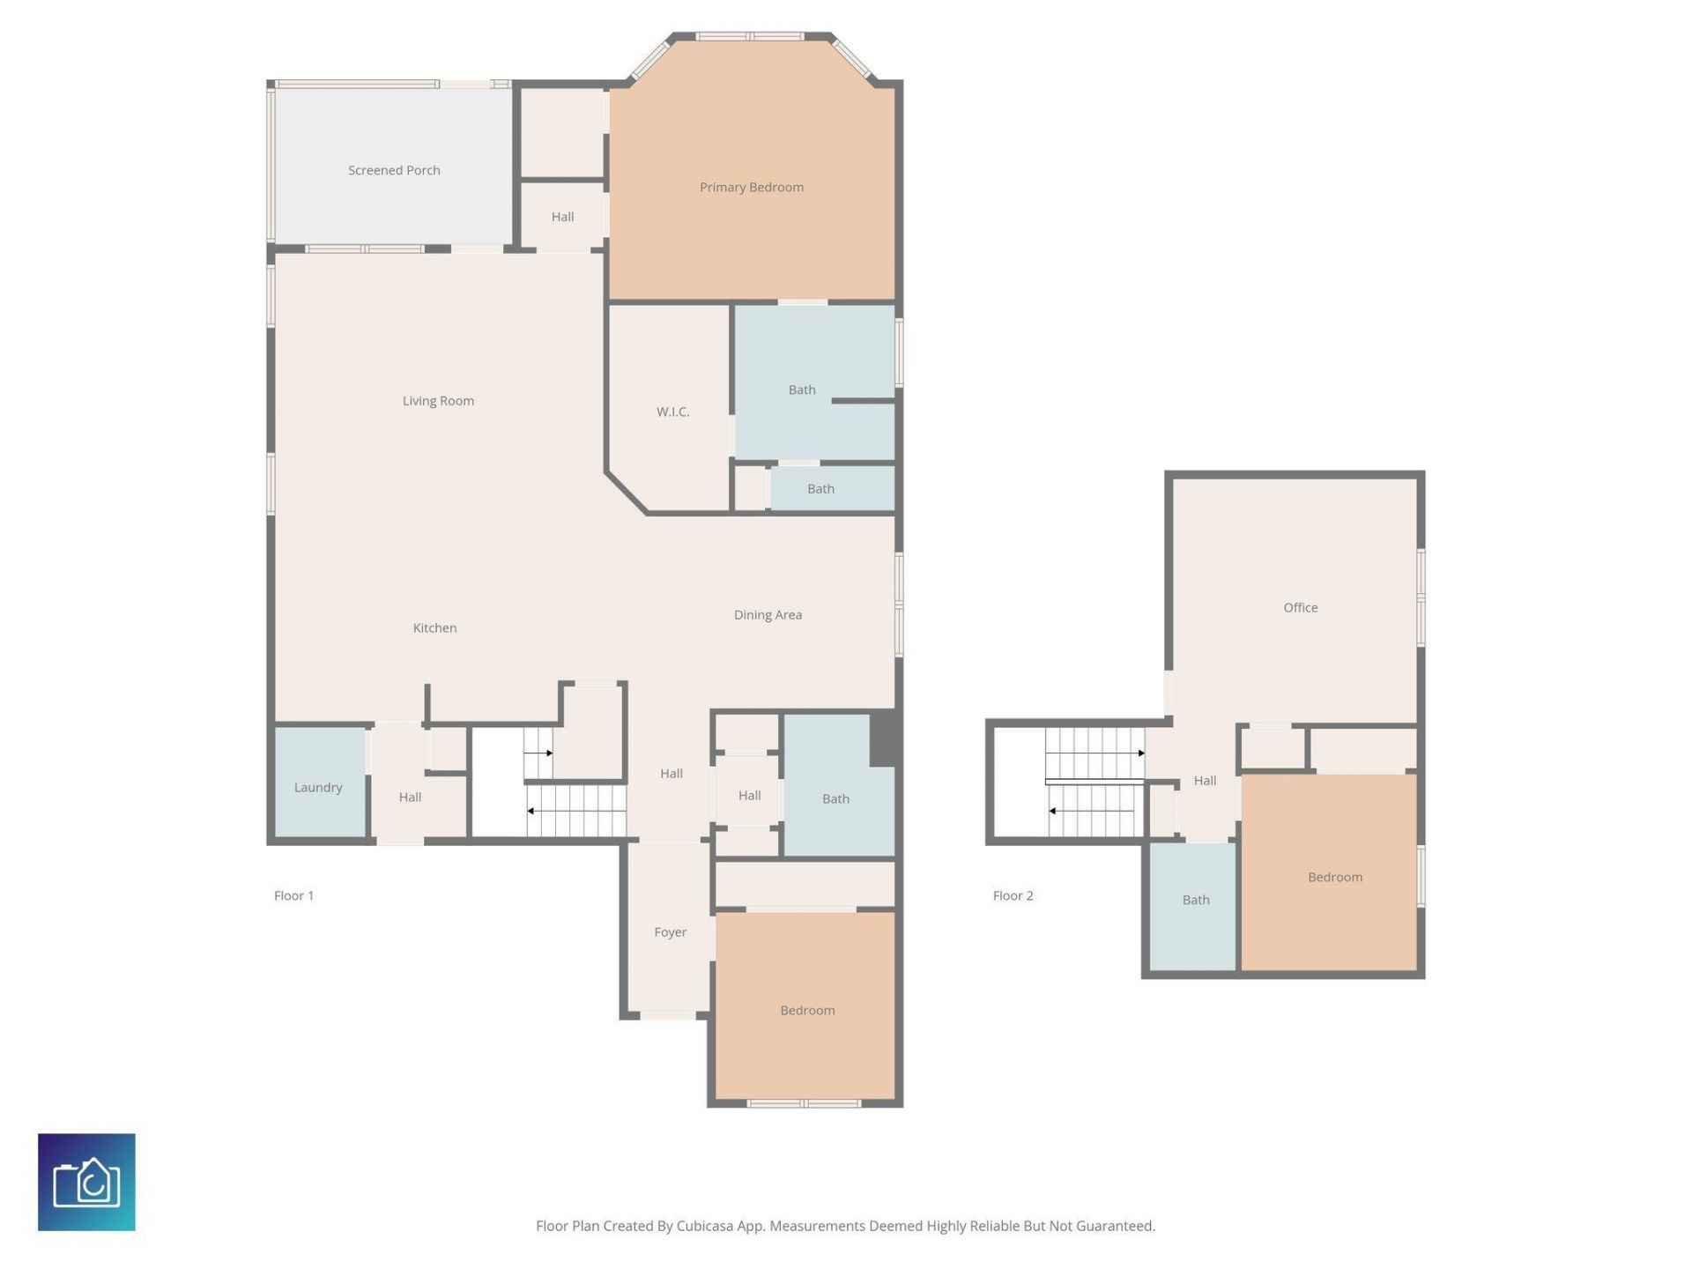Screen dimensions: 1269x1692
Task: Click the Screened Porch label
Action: (394, 170)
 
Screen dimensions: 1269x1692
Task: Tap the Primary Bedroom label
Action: (751, 187)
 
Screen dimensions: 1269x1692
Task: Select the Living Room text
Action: (438, 401)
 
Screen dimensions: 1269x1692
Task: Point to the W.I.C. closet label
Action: (672, 412)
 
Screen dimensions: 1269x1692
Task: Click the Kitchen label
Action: (434, 628)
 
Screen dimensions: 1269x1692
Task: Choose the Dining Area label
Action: (768, 615)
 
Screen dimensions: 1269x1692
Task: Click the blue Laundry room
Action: (318, 783)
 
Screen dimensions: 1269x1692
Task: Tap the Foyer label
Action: (670, 932)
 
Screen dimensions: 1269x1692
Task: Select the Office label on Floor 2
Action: (1300, 608)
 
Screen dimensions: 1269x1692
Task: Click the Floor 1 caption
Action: (293, 895)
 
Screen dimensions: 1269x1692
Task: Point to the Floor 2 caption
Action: (1013, 895)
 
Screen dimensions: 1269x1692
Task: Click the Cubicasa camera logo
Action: (86, 1182)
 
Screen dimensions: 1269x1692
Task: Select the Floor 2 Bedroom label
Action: (1334, 878)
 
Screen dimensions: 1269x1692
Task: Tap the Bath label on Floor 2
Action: (1195, 900)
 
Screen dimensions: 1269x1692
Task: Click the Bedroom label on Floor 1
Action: (806, 1011)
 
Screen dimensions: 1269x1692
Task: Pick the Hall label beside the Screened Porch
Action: (562, 217)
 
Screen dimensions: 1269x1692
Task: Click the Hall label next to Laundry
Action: (410, 798)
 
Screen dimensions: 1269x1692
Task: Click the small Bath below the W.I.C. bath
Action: (820, 489)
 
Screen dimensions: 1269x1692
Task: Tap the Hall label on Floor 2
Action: (1204, 781)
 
